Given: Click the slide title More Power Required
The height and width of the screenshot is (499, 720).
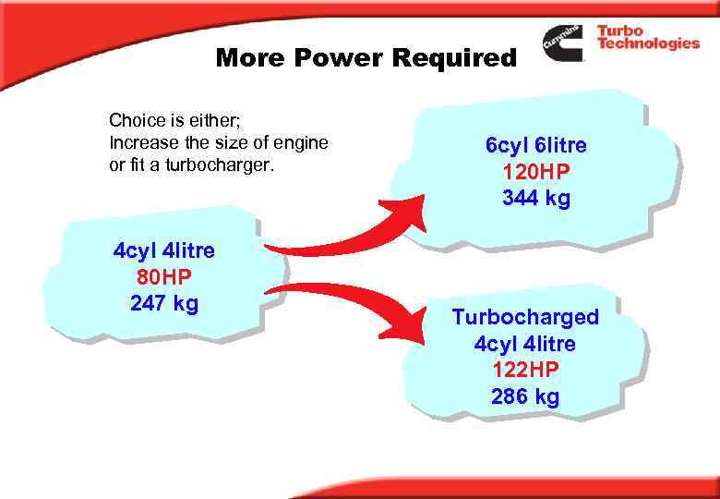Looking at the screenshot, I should tap(366, 59).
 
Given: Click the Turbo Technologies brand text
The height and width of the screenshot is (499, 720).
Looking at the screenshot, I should tap(646, 37).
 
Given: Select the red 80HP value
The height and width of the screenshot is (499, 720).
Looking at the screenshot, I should tap(163, 276).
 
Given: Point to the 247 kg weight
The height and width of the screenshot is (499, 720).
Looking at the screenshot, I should tap(164, 303).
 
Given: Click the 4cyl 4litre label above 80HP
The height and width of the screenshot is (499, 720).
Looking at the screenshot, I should tap(164, 250).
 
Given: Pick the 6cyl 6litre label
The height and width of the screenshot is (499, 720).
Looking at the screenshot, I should tap(535, 145).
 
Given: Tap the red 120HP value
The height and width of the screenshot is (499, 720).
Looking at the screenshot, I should tap(535, 172).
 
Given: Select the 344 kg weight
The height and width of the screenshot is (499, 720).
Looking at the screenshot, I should tap(535, 198).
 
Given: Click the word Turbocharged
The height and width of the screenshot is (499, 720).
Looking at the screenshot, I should tap(525, 317).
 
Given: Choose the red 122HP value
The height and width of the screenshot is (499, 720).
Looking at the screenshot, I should tap(525, 370).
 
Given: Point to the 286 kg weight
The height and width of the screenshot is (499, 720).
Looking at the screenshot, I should tap(525, 396).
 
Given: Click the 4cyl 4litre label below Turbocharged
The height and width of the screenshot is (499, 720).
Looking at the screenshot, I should tap(525, 344).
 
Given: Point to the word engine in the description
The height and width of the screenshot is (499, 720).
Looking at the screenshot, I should tap(303, 143).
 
